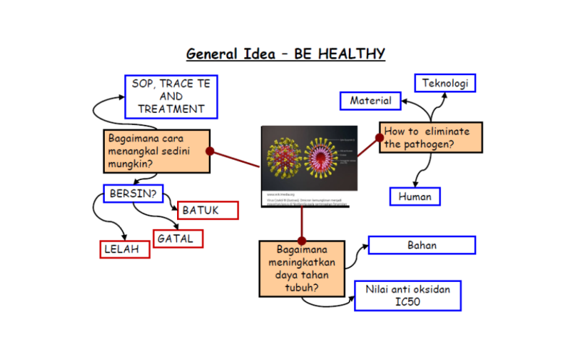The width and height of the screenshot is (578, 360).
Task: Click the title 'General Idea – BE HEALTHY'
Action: click(x=285, y=54)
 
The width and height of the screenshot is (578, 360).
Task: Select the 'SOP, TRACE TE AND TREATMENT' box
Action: click(x=171, y=96)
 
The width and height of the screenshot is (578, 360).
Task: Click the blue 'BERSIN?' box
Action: click(x=134, y=194)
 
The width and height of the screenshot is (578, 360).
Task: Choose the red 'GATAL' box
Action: click(x=178, y=238)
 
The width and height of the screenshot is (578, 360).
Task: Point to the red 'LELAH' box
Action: click(x=125, y=249)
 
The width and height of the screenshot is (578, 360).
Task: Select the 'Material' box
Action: click(x=370, y=101)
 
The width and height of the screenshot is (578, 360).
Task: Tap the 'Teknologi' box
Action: click(x=445, y=83)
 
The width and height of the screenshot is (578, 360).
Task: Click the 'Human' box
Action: click(x=415, y=196)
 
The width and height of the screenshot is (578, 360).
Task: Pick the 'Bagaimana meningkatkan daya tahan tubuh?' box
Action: click(x=301, y=268)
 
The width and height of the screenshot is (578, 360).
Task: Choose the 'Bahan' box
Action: click(x=421, y=245)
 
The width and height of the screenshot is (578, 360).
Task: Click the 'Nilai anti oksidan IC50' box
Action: click(x=407, y=295)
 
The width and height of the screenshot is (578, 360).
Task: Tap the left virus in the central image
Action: click(x=283, y=158)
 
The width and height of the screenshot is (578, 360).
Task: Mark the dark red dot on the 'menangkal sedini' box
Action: click(x=210, y=151)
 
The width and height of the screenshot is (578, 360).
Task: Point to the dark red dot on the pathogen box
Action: click(x=379, y=137)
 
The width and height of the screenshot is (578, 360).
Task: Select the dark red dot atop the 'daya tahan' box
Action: click(x=301, y=241)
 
